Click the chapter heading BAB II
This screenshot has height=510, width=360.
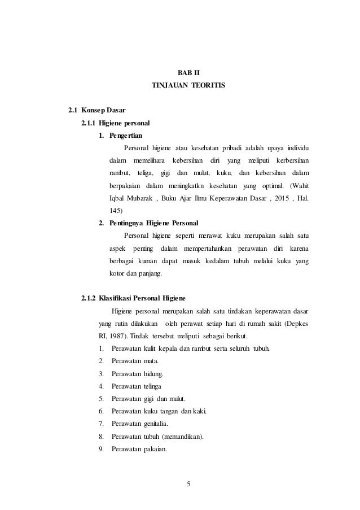181,72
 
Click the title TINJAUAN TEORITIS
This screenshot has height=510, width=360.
188,85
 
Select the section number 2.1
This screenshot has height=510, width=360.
72,109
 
